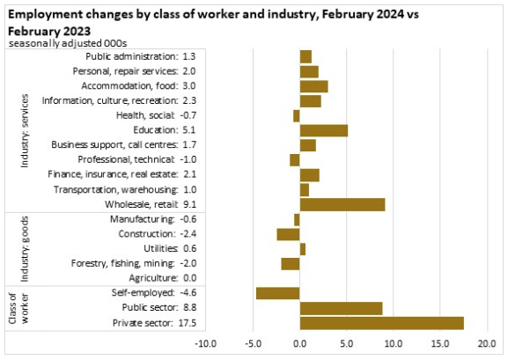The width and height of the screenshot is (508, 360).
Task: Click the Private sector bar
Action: (381, 323)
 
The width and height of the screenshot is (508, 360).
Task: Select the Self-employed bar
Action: (278, 293)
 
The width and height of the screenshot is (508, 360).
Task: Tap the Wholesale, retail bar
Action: (342, 204)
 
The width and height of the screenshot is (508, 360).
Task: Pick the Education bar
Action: (324, 130)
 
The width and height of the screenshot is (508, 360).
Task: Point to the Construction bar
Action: (289, 234)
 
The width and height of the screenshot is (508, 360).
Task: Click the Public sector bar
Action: (341, 308)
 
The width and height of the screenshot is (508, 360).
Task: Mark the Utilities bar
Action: (303, 249)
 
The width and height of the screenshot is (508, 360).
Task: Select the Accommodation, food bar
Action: (314, 86)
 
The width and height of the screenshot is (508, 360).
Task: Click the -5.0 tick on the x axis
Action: (253, 343)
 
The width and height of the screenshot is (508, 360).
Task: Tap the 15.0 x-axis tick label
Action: (440, 343)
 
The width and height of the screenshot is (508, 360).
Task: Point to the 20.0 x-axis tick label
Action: (487, 343)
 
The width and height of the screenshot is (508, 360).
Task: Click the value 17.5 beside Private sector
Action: (188, 323)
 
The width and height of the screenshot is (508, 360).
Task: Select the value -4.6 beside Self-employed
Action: (188, 292)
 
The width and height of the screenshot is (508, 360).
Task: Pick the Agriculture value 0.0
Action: (190, 278)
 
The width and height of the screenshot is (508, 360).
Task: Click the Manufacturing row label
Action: (143, 219)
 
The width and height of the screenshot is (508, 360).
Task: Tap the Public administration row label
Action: (132, 56)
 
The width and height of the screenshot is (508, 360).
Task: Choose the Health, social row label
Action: (145, 115)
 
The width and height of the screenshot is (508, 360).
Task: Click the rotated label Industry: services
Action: (25, 131)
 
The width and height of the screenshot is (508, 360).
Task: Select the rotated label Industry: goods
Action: (25, 249)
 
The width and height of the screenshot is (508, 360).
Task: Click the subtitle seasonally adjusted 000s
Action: (68, 44)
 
